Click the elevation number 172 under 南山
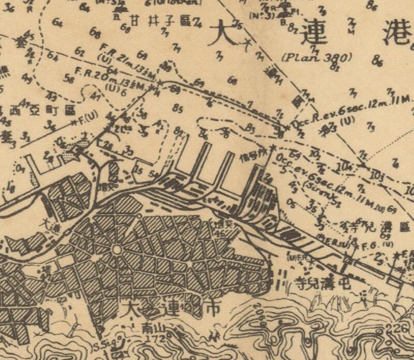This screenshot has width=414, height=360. point(155,337)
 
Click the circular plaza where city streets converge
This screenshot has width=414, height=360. point(116,249)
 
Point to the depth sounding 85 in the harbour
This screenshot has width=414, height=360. point(179,109)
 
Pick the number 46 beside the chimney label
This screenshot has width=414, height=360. point(220,233)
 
